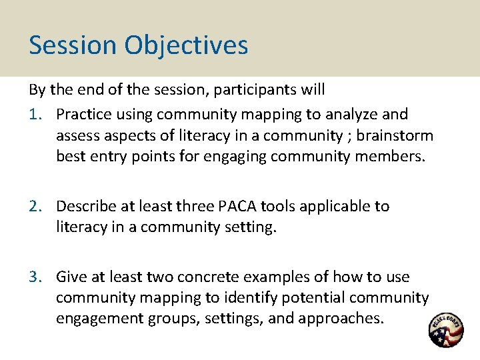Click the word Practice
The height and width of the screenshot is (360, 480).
click(x=83, y=114)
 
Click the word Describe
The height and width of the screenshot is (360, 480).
click(x=85, y=207)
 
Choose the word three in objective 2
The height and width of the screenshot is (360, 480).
click(x=192, y=207)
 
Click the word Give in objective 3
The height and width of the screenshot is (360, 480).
click(x=71, y=277)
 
